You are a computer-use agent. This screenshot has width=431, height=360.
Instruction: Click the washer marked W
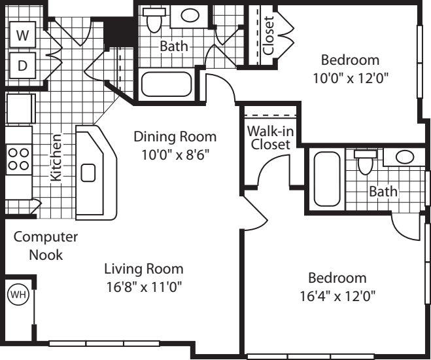[x=22, y=35]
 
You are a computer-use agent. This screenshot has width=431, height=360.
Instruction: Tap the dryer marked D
[x=22, y=65]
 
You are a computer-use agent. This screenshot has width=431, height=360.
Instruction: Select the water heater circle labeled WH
[x=18, y=295]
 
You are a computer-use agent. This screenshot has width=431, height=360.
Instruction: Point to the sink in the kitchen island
[x=88, y=173]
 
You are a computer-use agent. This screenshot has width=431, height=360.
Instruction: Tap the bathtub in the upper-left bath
[x=166, y=84]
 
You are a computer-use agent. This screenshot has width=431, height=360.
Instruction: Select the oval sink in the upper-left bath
[x=190, y=16]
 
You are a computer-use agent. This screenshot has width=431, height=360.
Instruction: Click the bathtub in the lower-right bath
[x=327, y=179]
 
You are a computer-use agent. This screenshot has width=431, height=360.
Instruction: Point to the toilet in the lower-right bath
[x=366, y=162]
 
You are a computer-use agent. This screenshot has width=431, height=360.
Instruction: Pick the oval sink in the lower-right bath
[x=405, y=156]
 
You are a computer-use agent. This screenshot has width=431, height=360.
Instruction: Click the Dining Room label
[x=175, y=137]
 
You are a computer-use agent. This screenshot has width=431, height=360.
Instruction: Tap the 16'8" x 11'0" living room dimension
[x=144, y=287]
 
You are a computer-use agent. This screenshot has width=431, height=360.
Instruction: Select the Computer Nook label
[x=46, y=246]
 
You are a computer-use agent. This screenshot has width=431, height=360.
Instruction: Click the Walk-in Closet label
[x=271, y=138]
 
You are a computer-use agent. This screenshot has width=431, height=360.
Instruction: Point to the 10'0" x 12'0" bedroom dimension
[x=351, y=79]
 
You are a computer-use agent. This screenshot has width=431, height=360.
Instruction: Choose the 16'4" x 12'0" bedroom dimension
[x=337, y=297]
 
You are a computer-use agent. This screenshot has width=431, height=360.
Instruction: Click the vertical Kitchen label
[x=56, y=157]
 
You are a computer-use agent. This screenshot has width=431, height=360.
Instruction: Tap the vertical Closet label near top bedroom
[x=269, y=36]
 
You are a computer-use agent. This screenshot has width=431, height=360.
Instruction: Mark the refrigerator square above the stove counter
[x=21, y=109]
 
